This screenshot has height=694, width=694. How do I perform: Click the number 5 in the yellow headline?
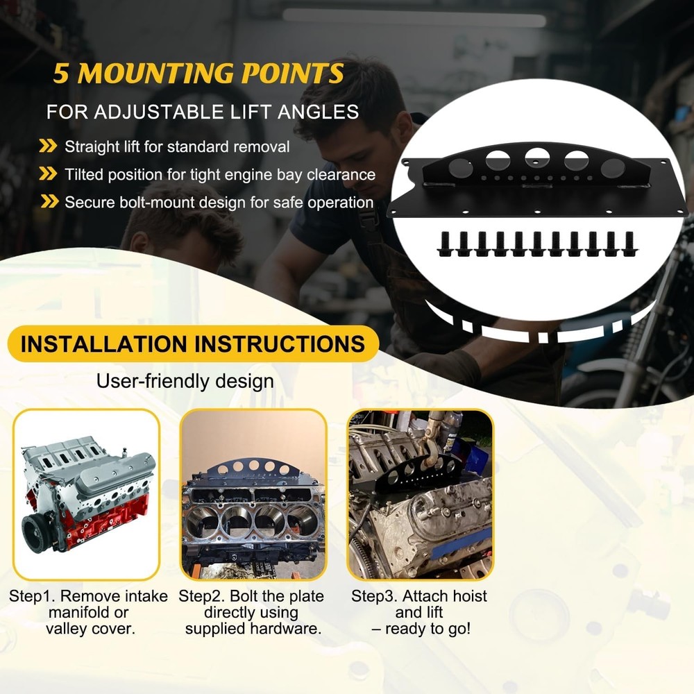[x=61, y=74]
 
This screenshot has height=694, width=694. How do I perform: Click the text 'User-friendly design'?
[x=185, y=381]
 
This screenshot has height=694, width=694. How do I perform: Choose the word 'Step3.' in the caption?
[x=375, y=596]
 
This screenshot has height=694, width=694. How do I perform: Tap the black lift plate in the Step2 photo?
[x=253, y=469]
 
